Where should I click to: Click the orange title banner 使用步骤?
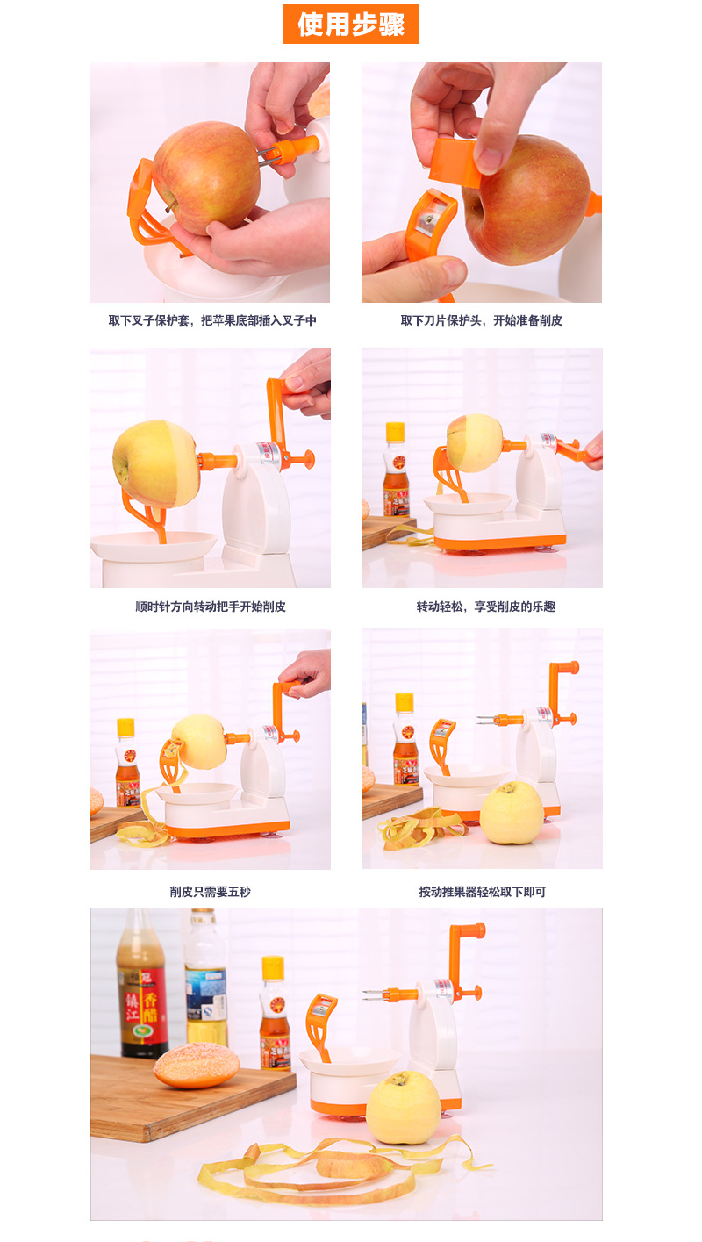coord(351,24)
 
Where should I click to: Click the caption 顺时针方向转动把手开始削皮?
coord(211,607)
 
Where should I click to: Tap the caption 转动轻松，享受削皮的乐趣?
coord(485,607)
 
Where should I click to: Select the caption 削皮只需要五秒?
coord(211,892)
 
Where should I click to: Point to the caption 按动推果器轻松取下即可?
coord(483,892)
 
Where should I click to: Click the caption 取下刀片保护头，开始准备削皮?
coord(482,320)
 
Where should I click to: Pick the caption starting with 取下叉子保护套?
coord(212,320)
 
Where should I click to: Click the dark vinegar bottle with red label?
coord(142,987)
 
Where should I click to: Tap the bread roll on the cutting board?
coord(197,1067)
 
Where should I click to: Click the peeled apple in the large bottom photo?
coord(403,1108)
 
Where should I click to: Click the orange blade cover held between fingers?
coord(456,162)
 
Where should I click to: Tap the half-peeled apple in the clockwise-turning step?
coord(155,463)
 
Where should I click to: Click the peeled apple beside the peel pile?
coord(512,813)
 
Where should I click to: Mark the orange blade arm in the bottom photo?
coord(319,1023)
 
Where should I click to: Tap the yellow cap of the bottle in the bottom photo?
coord(273,967)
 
